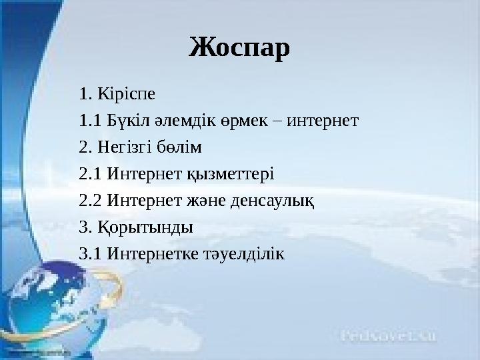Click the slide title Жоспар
(x=240, y=47)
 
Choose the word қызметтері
(x=232, y=176)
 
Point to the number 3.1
(x=89, y=255)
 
